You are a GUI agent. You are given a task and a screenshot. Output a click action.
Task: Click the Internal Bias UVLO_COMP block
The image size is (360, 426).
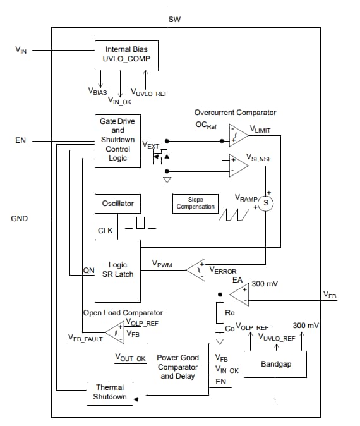tap(127, 55)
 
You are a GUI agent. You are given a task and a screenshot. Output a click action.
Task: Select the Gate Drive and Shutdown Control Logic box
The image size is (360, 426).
tap(117, 140)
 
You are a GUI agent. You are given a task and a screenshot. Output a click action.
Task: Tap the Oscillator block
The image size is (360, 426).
tap(117, 204)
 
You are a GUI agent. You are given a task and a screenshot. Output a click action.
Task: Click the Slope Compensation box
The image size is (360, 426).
tap(196, 204)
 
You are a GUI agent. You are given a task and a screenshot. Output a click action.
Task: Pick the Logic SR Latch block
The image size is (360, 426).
tap(117, 269)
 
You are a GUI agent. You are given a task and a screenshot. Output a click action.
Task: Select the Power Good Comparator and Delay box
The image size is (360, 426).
tap(177, 367)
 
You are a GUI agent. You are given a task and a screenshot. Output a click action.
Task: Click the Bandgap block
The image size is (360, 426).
tap(275, 365)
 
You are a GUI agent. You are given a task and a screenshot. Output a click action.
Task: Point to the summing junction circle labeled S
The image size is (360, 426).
tap(266, 203)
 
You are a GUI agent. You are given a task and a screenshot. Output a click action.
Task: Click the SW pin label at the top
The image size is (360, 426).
tap(174, 20)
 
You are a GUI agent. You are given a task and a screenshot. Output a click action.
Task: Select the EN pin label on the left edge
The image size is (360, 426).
tap(20, 140)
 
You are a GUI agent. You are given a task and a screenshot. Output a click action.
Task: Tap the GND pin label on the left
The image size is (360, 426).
tap(20, 219)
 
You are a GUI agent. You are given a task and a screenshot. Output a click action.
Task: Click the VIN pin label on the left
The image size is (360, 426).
tap(20, 49)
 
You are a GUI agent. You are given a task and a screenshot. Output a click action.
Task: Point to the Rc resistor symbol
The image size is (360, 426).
tap(220, 312)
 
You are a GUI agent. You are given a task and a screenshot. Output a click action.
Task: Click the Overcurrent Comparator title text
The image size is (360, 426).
tap(235, 113)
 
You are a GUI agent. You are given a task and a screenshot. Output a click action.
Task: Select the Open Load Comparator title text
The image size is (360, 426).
tap(123, 312)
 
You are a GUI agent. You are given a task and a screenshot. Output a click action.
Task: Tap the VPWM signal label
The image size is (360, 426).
tap(163, 262)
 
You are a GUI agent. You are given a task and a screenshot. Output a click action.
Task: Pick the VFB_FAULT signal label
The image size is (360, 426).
tap(85, 339)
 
